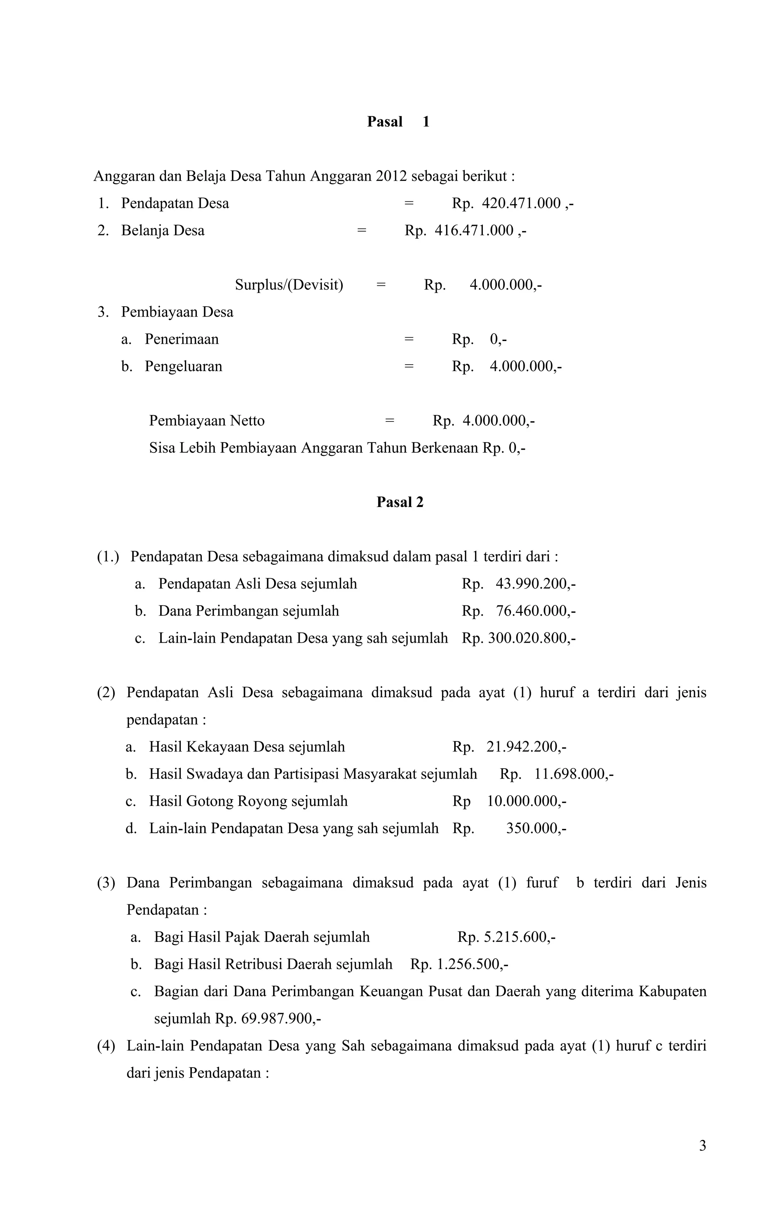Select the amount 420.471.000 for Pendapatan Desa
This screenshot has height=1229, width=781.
[x=521, y=204]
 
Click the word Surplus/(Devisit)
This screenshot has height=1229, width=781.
[x=289, y=285]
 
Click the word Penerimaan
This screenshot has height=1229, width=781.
[x=182, y=339]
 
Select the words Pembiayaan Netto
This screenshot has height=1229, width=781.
[x=207, y=421]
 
